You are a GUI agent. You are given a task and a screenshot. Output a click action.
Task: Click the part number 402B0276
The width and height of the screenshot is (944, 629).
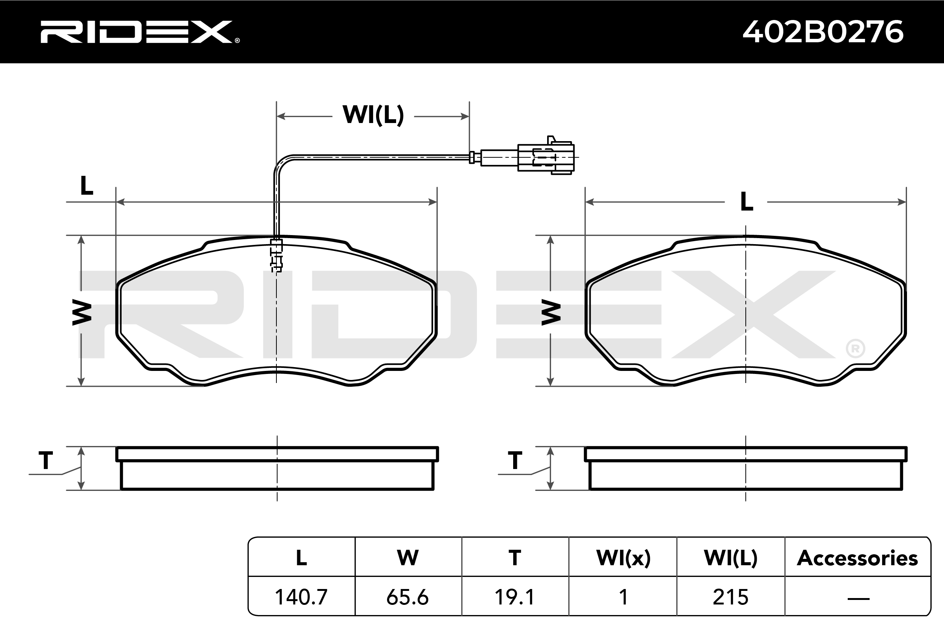823,32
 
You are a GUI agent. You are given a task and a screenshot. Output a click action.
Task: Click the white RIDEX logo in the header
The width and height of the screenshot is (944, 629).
140,32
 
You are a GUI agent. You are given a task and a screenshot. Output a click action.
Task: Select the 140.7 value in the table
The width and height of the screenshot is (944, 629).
301,597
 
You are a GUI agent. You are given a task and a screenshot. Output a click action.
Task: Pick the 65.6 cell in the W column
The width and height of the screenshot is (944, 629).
407,597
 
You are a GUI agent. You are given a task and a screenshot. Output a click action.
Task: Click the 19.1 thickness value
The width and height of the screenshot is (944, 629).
515,597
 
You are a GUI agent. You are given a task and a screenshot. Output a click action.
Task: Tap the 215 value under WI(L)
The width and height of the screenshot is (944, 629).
731,597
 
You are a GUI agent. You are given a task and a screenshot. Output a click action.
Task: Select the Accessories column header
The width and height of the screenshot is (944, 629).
857,558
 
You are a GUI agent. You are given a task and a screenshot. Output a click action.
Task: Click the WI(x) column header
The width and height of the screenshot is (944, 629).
623,558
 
